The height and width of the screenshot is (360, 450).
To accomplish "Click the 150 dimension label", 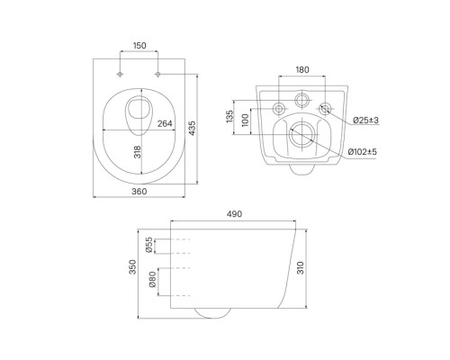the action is coord(139,46).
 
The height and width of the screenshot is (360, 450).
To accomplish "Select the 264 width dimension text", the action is coord(165,123).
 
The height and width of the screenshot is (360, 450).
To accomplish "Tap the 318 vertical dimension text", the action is coord(137,152).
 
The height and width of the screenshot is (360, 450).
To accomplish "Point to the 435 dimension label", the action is coord(192,128).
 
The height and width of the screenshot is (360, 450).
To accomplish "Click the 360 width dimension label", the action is coord(139,191).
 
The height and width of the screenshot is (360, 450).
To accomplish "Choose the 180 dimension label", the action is coord(302,69).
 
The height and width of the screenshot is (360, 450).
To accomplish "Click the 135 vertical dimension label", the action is coord(229,116).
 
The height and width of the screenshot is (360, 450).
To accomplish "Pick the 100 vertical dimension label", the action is coord(245,120).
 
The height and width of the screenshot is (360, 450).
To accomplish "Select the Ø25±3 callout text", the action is coord(365,121).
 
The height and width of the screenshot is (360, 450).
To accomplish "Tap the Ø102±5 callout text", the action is coord(362,152).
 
